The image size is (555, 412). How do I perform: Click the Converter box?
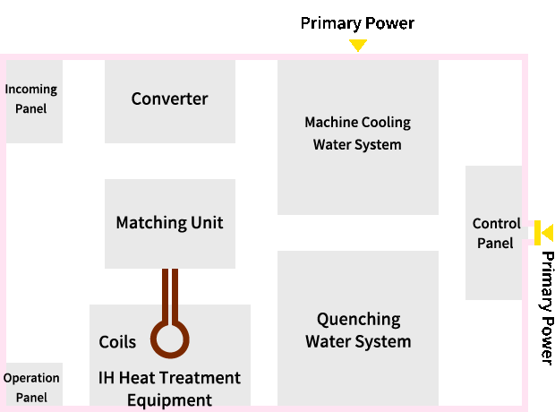(x=170, y=101)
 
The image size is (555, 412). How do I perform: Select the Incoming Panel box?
(x=34, y=101)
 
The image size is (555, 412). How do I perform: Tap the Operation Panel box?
(x=34, y=384)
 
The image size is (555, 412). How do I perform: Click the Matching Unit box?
(x=170, y=224)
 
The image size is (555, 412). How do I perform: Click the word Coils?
(x=117, y=342)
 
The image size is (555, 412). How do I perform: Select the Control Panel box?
(x=494, y=233)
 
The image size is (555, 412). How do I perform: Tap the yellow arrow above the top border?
(x=358, y=45)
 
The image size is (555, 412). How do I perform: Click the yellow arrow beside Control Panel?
(x=548, y=233)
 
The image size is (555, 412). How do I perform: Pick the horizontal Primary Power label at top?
(x=357, y=23)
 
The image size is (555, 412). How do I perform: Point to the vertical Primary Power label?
(x=547, y=308)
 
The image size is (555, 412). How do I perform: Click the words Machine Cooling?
(x=358, y=123)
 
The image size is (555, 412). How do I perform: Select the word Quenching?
(x=359, y=320)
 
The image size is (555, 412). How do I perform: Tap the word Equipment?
(x=169, y=400)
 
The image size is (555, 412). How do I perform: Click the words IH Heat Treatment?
(x=169, y=378)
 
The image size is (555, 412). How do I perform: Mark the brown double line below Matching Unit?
(x=170, y=296)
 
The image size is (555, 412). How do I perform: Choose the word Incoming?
(x=31, y=90)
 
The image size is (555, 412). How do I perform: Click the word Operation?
(x=31, y=379)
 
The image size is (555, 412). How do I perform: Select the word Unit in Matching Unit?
(x=207, y=223)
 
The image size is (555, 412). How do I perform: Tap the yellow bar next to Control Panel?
(x=537, y=233)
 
